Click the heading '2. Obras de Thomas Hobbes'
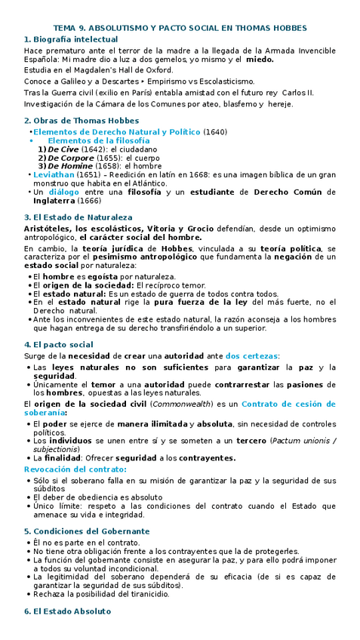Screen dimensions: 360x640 coord(82,121)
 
